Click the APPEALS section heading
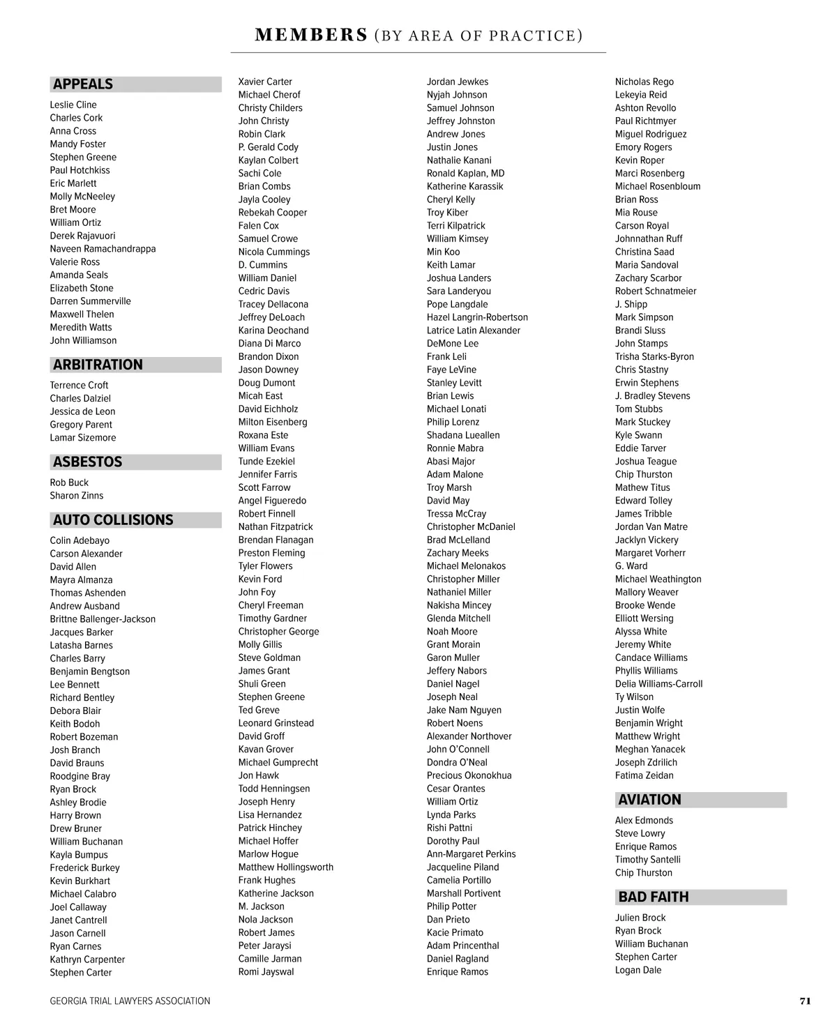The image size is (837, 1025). pyautogui.click(x=83, y=84)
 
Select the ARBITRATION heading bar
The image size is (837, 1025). pyautogui.click(x=98, y=365)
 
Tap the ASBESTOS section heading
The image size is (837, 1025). pyautogui.click(x=87, y=462)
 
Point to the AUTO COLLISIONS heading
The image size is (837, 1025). pyautogui.click(x=113, y=519)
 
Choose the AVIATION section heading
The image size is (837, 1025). pyautogui.click(x=649, y=800)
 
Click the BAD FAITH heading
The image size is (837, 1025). pyautogui.click(x=653, y=897)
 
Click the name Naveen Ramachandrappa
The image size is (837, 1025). pyautogui.click(x=103, y=249)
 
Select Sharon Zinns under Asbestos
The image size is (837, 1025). pyautogui.click(x=76, y=496)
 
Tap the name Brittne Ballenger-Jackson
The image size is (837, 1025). pyautogui.click(x=103, y=619)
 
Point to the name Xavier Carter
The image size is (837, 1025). pyautogui.click(x=265, y=82)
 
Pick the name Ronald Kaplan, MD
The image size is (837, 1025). pyautogui.click(x=465, y=173)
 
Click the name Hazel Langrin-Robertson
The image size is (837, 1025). pyautogui.click(x=477, y=317)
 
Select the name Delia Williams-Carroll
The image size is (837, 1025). pyautogui.click(x=658, y=684)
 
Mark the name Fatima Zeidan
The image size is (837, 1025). pyautogui.click(x=644, y=775)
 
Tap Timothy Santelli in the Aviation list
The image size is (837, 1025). pyautogui.click(x=647, y=860)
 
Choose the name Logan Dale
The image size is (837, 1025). pyautogui.click(x=638, y=970)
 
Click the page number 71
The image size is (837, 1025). pyautogui.click(x=805, y=1001)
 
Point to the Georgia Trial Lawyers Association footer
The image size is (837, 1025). pyautogui.click(x=130, y=1001)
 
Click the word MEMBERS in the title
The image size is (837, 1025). pyautogui.click(x=311, y=35)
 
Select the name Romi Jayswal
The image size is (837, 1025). pyautogui.click(x=266, y=972)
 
